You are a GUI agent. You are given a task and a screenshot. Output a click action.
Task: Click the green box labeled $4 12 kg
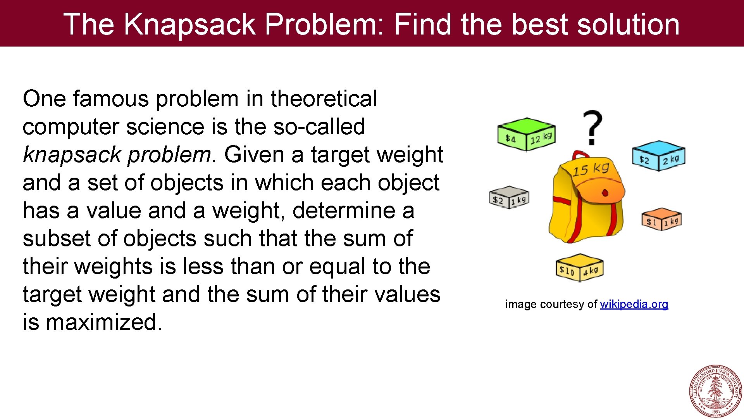click(526, 134)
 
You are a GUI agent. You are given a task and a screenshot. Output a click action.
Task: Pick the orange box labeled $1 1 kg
click(661, 219)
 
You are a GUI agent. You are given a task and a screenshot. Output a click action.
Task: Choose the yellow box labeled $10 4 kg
click(579, 268)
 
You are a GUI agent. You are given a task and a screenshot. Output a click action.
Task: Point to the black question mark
click(592, 127)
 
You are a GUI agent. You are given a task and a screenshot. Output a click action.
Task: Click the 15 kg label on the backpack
click(591, 169)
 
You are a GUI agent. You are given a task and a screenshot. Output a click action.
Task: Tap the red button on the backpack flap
click(605, 193)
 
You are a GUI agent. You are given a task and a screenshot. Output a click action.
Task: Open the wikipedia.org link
click(634, 304)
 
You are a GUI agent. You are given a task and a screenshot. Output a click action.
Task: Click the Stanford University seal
click(715, 391)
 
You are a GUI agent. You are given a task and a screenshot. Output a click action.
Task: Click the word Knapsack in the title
click(190, 24)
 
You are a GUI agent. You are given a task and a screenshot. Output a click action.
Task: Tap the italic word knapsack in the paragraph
click(72, 155)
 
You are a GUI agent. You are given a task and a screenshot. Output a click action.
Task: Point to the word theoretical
click(324, 99)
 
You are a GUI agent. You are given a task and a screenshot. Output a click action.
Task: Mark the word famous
click(111, 99)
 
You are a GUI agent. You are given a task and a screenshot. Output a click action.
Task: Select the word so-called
click(319, 127)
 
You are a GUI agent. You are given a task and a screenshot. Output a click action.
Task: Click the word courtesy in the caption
click(562, 304)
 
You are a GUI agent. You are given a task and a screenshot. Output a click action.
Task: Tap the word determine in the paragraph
click(347, 211)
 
